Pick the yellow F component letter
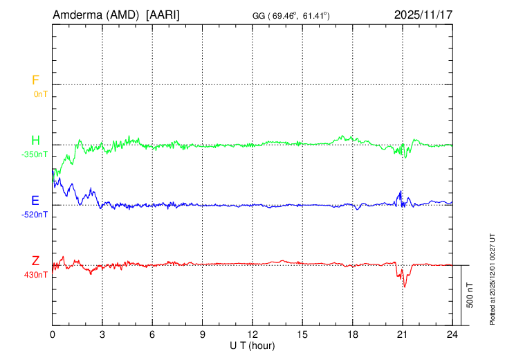35,80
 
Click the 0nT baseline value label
40,94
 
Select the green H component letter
35,141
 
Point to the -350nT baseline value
35,154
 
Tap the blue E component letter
35,201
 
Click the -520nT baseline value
35,215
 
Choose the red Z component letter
35,261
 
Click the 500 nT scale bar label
470,295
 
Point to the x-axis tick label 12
252,334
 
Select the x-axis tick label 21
402,334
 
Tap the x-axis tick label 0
53,334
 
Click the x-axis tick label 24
452,334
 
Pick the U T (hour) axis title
252,345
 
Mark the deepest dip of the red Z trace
405,287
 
